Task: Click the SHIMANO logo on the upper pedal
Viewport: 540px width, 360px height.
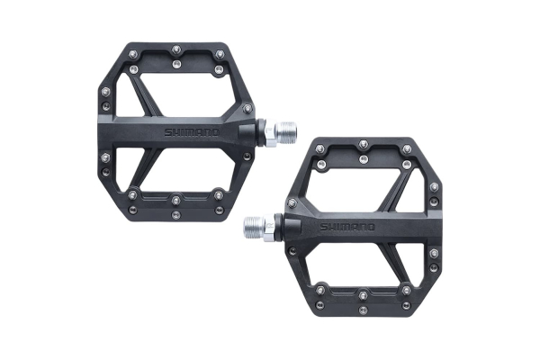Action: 192,132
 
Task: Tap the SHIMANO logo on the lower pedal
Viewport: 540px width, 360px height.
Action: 347,227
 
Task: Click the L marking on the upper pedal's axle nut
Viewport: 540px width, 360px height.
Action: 269,130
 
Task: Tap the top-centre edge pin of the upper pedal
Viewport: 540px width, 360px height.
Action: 176,49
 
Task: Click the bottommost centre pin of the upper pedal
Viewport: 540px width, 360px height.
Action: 176,215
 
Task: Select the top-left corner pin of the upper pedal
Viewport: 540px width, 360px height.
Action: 133,53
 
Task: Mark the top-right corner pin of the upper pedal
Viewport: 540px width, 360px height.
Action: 219,53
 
